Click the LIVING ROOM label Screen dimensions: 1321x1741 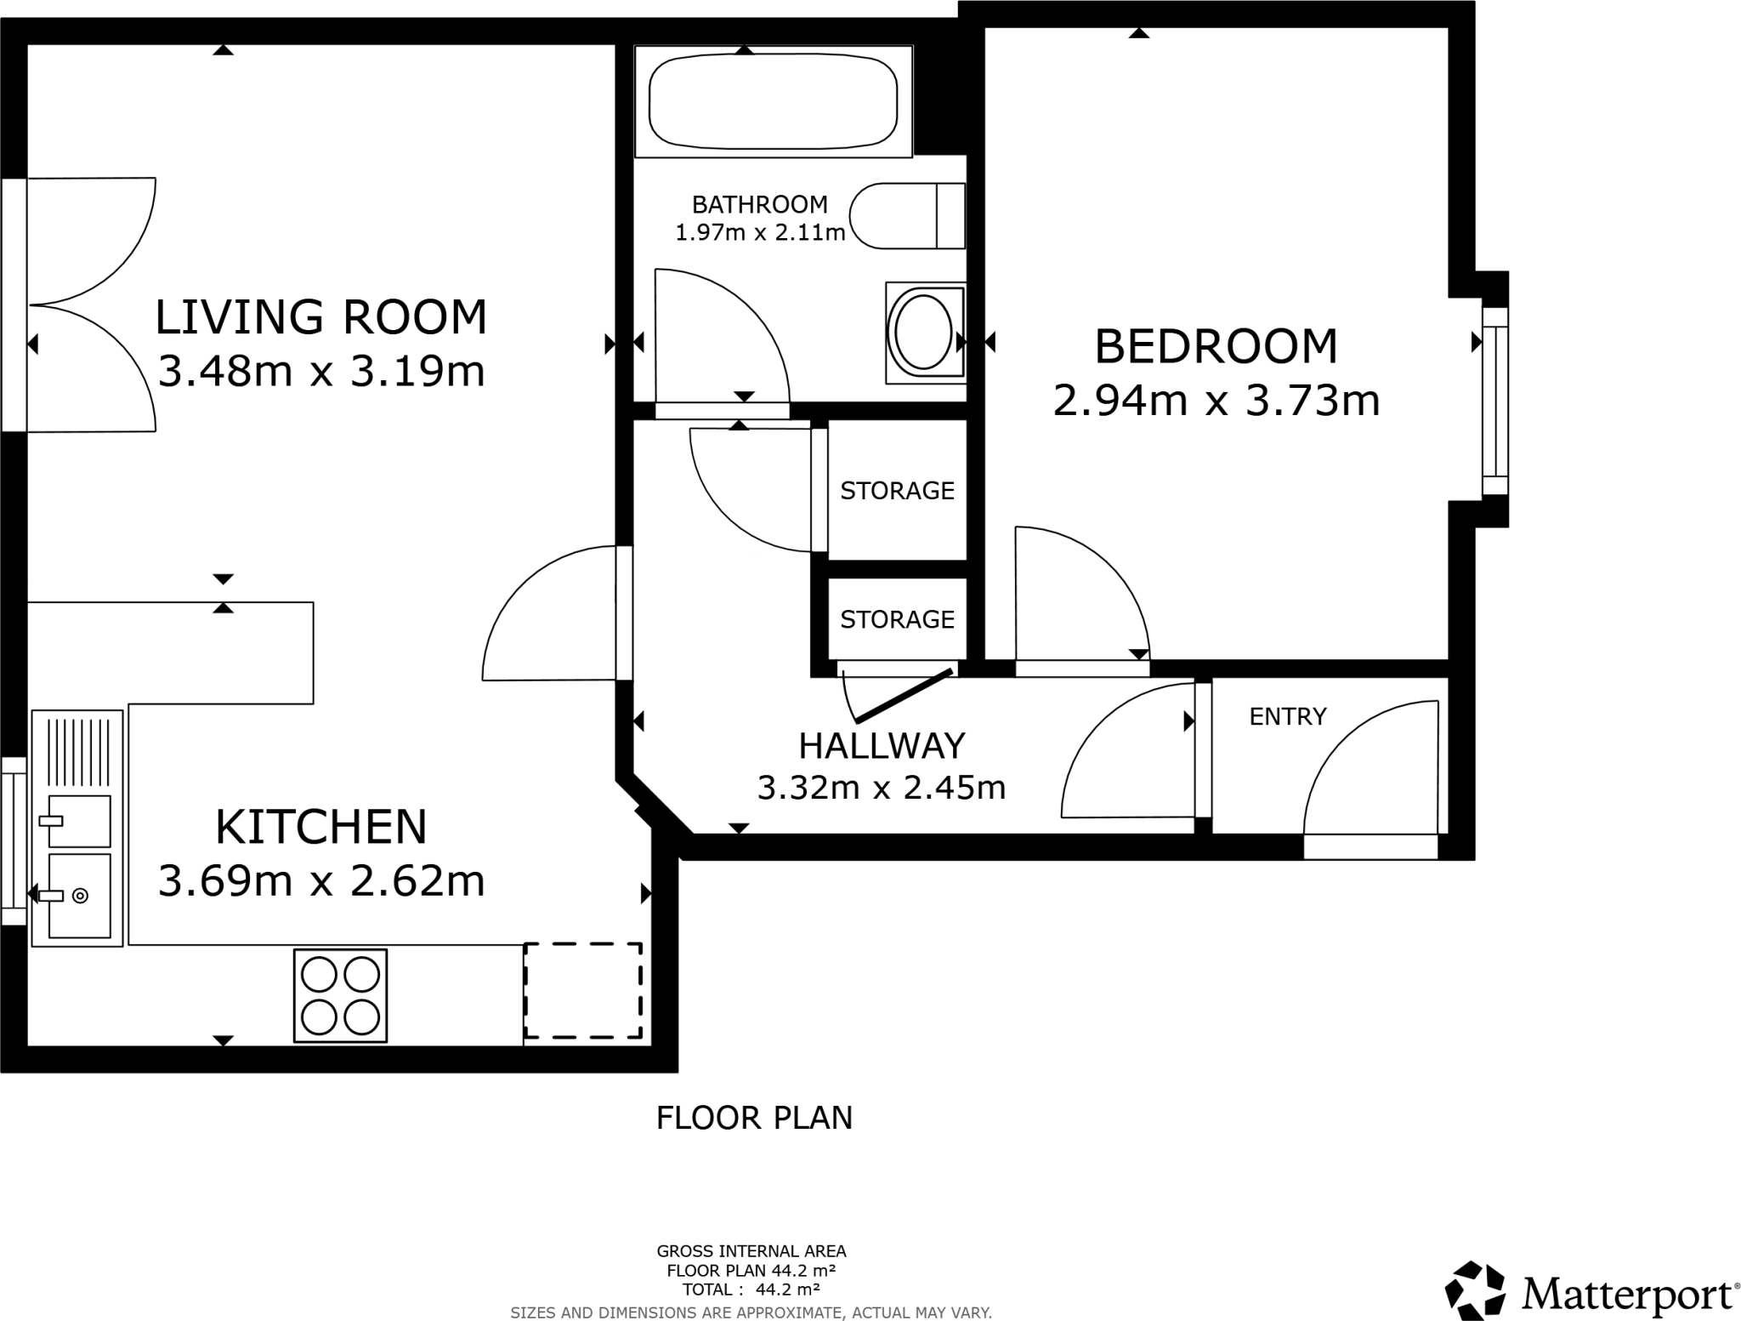(x=321, y=316)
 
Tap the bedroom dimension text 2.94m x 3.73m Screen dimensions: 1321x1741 (x=1216, y=401)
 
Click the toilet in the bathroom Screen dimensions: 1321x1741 (x=907, y=216)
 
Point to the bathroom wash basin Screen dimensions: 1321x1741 (x=923, y=333)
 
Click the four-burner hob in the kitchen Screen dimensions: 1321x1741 (x=340, y=995)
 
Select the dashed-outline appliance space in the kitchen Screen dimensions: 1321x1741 (x=583, y=990)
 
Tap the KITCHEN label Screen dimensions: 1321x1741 (x=321, y=827)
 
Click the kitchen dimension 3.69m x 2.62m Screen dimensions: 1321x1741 (x=321, y=880)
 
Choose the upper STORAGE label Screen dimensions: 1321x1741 (x=897, y=491)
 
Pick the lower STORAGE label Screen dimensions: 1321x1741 (x=897, y=619)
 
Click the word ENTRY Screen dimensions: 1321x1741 (x=1287, y=717)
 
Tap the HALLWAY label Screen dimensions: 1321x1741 (x=882, y=746)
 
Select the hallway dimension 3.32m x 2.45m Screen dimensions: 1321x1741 (x=882, y=788)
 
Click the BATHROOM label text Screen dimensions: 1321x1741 (x=759, y=205)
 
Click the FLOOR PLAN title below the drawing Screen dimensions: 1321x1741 (x=754, y=1118)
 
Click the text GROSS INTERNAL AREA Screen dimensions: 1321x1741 (x=751, y=1251)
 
